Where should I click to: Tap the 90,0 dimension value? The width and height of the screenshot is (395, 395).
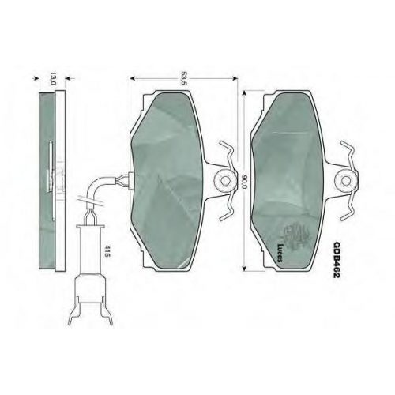click(x=243, y=182)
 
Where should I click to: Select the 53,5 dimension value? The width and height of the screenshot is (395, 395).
click(x=184, y=78)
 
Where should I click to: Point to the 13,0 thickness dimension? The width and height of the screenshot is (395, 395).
click(x=53, y=78)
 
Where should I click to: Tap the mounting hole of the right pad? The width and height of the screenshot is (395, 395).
click(x=345, y=181)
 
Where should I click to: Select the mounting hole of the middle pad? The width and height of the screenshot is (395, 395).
click(x=224, y=181)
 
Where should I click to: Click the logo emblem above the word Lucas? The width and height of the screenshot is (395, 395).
click(x=297, y=235)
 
